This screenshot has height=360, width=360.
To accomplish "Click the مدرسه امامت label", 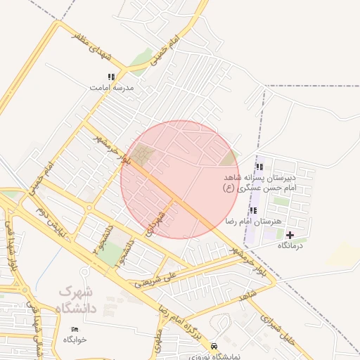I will pyautogui.click(x=111, y=89).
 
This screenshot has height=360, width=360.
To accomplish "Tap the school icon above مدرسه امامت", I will pyautogui.click(x=111, y=77).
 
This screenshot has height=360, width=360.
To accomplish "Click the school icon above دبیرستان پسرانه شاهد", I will pyautogui.click(x=259, y=167).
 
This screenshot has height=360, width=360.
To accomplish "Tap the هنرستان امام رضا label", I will pyautogui.click(x=252, y=221).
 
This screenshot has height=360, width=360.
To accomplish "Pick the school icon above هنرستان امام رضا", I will pyautogui.click(x=252, y=210).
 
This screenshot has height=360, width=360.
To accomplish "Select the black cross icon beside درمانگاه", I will pyautogui.click(x=290, y=234).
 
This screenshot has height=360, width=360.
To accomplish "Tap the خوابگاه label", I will pyautogui.click(x=75, y=339).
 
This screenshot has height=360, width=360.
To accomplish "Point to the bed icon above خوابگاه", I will pyautogui.click(x=75, y=328).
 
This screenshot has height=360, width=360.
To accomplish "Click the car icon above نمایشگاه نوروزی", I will pyautogui.click(x=214, y=347).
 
